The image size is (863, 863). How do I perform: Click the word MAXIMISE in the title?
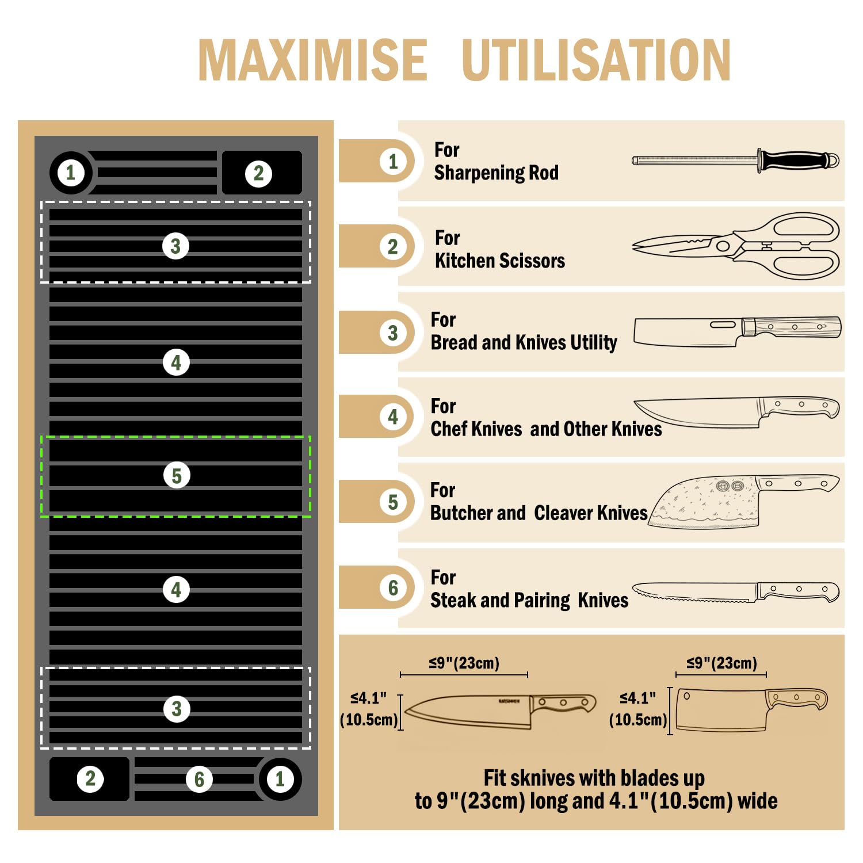pyautogui.click(x=312, y=60)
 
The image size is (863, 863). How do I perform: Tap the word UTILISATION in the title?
pyautogui.click(x=596, y=60)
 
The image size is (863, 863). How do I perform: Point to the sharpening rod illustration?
pyautogui.click(x=735, y=161)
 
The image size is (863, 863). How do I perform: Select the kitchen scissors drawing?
pyautogui.click(x=735, y=246)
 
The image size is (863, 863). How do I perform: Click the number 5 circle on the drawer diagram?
pyautogui.click(x=177, y=476)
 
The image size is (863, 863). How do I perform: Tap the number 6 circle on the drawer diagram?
pyautogui.click(x=199, y=780)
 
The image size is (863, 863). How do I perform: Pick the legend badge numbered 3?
pyautogui.click(x=393, y=333)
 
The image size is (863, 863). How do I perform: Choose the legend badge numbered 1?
pyautogui.click(x=393, y=161)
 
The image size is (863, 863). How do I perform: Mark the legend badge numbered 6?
pyautogui.click(x=393, y=587)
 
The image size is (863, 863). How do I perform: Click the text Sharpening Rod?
pyautogui.click(x=496, y=173)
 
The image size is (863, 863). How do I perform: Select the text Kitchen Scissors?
pyautogui.click(x=500, y=261)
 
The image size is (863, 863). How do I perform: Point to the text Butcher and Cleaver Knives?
pyautogui.click(x=539, y=513)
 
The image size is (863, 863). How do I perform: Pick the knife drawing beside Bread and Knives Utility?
pyautogui.click(x=737, y=331)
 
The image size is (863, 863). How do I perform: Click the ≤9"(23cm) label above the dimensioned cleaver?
pyautogui.click(x=721, y=663)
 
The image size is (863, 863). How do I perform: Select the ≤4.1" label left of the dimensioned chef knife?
pyautogui.click(x=368, y=698)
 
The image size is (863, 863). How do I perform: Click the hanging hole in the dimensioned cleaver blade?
pyautogui.click(x=686, y=696)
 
